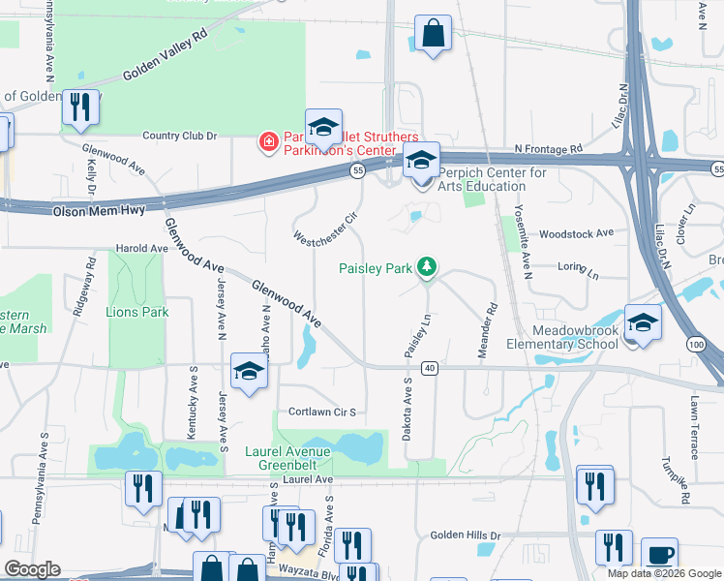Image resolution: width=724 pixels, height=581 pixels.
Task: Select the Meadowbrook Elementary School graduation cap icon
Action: tap(643, 322)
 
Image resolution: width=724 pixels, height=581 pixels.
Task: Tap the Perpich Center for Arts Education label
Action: tap(493, 179)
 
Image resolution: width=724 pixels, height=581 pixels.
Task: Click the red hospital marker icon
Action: tap(268, 143)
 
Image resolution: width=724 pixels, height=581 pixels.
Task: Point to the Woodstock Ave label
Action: tap(577, 233)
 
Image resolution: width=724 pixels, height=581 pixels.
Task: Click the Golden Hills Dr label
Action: tap(466, 535)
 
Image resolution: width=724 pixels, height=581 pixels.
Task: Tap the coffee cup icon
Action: tap(660, 556)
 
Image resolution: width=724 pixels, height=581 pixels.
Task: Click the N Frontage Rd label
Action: tap(548, 149)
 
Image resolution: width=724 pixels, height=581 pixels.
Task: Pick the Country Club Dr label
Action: tap(179, 136)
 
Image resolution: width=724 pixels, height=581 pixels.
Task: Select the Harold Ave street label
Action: tap(141, 248)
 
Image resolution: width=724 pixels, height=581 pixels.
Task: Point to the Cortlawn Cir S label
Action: tap(322, 412)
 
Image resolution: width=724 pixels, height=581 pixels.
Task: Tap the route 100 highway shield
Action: tap(696, 344)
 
